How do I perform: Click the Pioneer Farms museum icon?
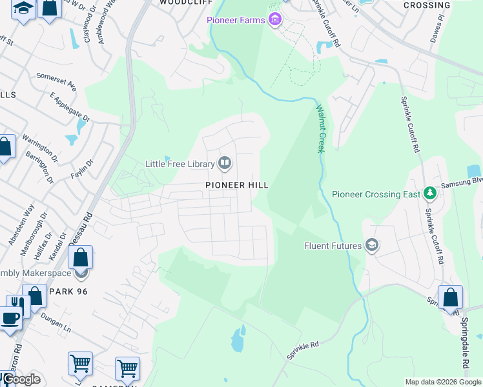[276, 20]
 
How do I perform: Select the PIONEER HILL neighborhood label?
[236, 185]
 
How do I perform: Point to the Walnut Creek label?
[320, 130]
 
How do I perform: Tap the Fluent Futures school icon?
[371, 245]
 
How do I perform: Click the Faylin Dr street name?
[82, 169]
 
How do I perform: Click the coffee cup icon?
[9, 318]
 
